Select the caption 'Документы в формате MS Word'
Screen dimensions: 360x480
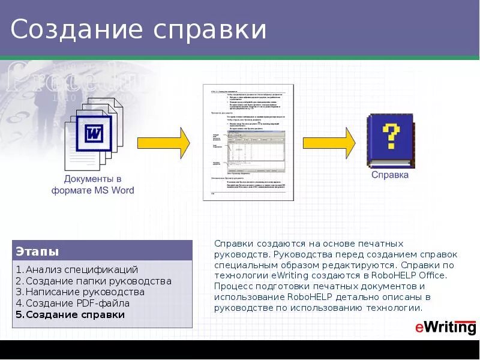[x=93, y=184]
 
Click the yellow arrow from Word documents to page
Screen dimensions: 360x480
[x=164, y=142]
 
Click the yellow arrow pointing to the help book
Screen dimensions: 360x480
[x=329, y=142]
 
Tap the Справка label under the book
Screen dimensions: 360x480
[x=390, y=175]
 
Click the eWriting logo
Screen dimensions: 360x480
[x=445, y=327]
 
